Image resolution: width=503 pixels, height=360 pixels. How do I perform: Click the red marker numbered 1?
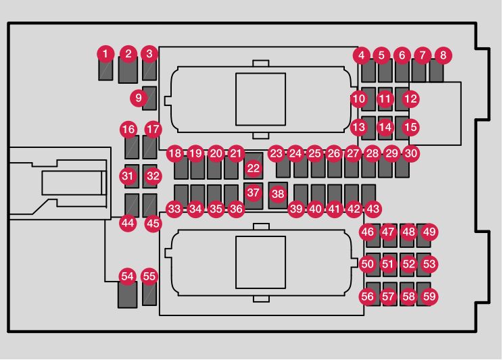click(x=105, y=53)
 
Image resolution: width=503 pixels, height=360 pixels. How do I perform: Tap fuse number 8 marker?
click(x=443, y=54)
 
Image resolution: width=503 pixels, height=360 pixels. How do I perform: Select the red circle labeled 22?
click(x=253, y=167)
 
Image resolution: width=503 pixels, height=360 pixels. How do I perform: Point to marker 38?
click(x=278, y=193)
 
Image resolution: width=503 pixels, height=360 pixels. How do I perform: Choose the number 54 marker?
click(x=127, y=276)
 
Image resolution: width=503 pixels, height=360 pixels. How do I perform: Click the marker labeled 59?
click(x=429, y=296)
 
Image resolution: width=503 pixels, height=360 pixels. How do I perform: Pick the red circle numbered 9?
click(x=139, y=99)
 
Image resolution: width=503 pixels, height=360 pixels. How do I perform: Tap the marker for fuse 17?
click(x=154, y=128)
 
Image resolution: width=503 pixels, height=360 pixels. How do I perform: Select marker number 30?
click(x=411, y=153)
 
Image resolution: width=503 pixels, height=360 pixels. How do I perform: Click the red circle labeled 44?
click(x=128, y=222)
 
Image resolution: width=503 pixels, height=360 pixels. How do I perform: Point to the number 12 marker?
click(x=411, y=99)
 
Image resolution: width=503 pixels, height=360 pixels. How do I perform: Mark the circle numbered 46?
click(x=367, y=232)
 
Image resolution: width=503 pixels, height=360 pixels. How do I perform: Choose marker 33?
click(x=175, y=209)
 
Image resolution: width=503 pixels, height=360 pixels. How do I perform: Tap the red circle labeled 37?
click(x=253, y=192)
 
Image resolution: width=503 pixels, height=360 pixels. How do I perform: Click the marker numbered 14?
click(x=385, y=126)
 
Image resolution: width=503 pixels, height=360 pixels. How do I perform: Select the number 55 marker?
click(x=149, y=276)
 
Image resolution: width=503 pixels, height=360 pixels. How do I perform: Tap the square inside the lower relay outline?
click(x=261, y=261)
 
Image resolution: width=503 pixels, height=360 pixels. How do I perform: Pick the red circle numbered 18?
click(x=175, y=153)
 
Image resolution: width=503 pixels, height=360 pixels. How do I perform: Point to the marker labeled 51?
click(x=387, y=264)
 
